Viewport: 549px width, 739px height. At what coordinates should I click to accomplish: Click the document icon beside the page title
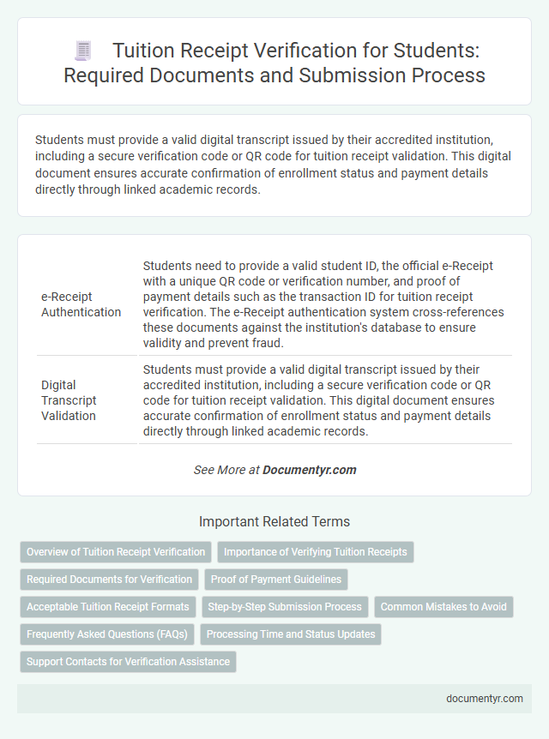click(82, 51)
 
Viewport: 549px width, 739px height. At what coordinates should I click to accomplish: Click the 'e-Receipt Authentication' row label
click(81, 303)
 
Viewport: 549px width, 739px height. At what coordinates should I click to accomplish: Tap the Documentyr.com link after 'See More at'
click(309, 470)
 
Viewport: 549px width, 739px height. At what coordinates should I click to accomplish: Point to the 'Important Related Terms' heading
click(274, 521)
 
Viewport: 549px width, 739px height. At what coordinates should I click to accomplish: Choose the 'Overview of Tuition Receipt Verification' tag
click(116, 551)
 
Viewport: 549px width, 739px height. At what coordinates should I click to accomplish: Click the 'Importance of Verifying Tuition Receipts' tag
click(316, 551)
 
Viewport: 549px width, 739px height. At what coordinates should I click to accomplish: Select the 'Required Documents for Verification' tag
click(109, 579)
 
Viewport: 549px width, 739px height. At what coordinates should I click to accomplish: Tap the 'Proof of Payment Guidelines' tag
click(276, 579)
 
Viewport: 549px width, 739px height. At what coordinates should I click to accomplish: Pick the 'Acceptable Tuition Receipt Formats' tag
click(108, 606)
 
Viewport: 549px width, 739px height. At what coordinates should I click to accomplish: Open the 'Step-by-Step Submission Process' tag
click(285, 606)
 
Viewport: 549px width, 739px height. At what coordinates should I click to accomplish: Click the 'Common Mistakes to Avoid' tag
click(443, 606)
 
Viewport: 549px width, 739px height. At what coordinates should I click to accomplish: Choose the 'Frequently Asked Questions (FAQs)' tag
click(107, 634)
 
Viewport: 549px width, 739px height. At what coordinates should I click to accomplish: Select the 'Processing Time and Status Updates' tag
click(292, 634)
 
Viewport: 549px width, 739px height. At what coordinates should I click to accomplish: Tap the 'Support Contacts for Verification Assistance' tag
click(128, 661)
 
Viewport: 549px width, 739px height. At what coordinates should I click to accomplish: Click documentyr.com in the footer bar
click(485, 699)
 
